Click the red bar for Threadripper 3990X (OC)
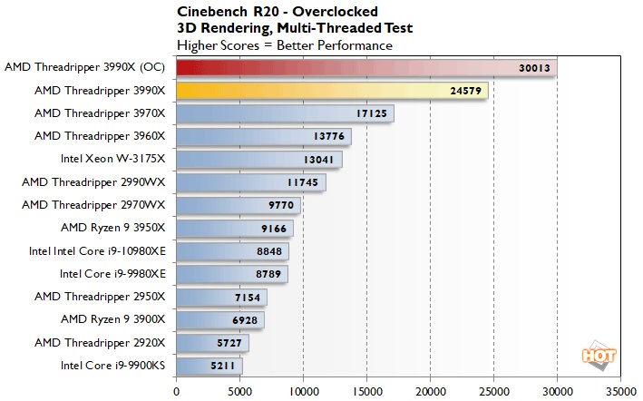click(x=363, y=68)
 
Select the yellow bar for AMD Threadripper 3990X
click(x=331, y=91)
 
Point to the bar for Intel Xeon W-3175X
click(x=258, y=159)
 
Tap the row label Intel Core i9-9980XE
click(x=112, y=273)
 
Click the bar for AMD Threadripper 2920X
click(x=212, y=342)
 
